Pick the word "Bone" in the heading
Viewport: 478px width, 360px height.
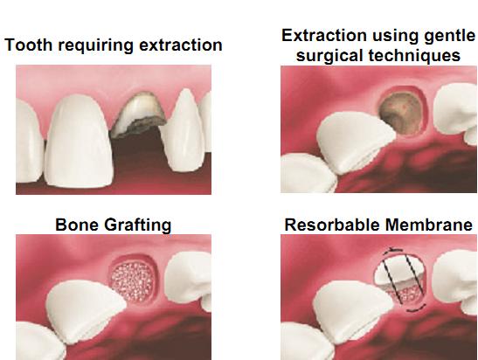pyautogui.click(x=75, y=225)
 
